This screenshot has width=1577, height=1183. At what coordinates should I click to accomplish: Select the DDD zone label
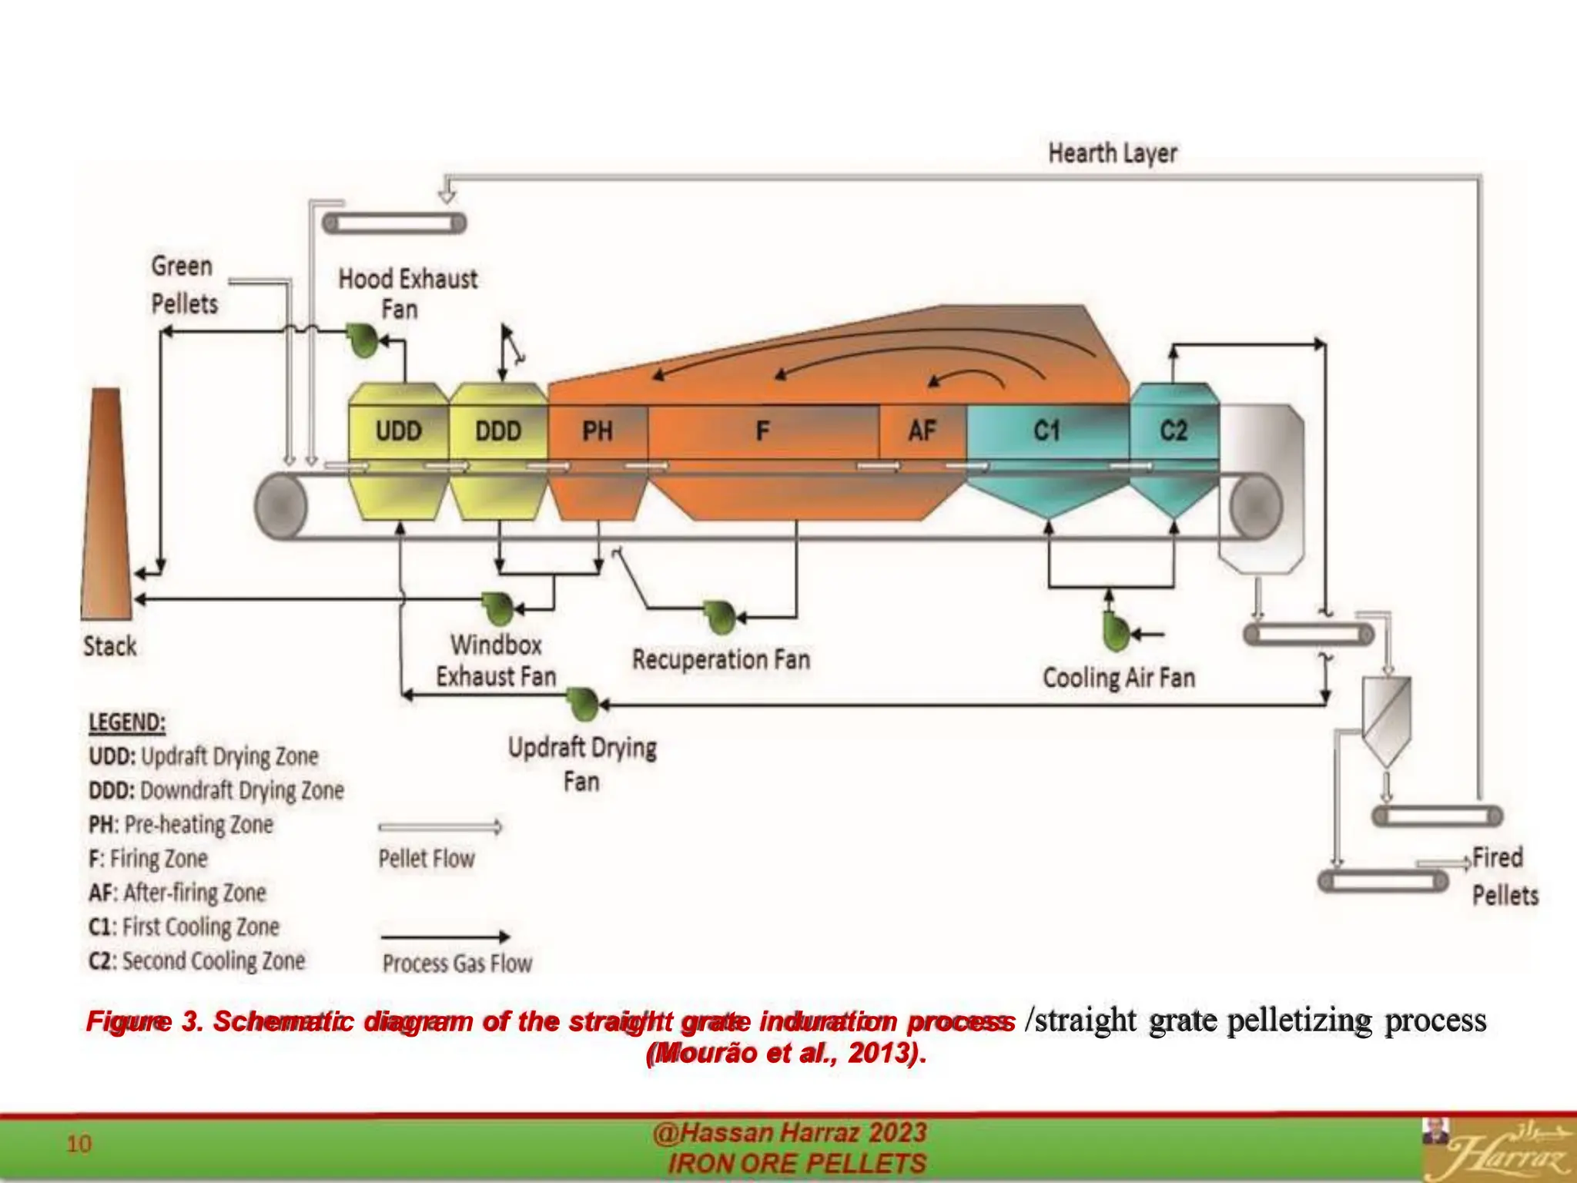pyautogui.click(x=498, y=431)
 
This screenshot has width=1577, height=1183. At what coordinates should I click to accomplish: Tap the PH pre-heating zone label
pyautogui.click(x=598, y=431)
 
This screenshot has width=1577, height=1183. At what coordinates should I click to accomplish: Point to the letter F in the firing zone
pyautogui.click(x=762, y=431)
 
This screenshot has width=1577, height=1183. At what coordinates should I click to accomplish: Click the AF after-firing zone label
pyautogui.click(x=922, y=431)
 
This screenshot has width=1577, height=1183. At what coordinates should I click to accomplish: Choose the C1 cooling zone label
pyautogui.click(x=1047, y=431)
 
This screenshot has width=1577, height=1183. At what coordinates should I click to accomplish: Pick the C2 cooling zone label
pyautogui.click(x=1174, y=431)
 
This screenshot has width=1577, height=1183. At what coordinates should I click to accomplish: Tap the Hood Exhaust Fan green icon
pyautogui.click(x=362, y=340)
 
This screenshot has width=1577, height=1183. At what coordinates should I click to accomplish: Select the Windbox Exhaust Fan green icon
pyautogui.click(x=498, y=608)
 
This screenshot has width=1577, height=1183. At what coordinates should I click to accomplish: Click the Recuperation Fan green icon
pyautogui.click(x=720, y=617)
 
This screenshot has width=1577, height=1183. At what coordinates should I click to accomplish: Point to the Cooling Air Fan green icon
pyautogui.click(x=1114, y=633)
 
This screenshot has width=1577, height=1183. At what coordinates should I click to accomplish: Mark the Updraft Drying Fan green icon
pyautogui.click(x=582, y=703)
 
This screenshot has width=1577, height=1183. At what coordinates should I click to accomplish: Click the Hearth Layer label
pyautogui.click(x=1112, y=153)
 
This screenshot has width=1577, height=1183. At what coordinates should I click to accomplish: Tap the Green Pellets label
pyautogui.click(x=183, y=285)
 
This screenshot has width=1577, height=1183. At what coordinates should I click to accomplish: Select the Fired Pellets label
pyautogui.click(x=1504, y=876)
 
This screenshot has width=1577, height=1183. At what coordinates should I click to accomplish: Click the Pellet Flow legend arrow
pyautogui.click(x=440, y=827)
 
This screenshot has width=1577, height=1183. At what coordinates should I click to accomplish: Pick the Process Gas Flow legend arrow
pyautogui.click(x=445, y=937)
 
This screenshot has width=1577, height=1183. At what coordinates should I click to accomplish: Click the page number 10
pyautogui.click(x=79, y=1144)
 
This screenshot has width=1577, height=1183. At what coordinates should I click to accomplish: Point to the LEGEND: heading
pyautogui.click(x=127, y=722)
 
